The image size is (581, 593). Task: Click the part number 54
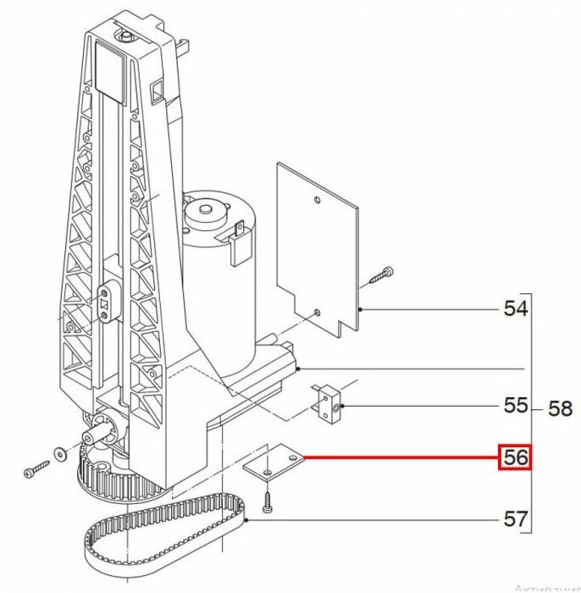[515, 308]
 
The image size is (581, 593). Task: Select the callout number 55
[515, 406]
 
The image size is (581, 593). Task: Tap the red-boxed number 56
[515, 458]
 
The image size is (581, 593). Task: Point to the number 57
[515, 518]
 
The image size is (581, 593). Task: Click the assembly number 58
[560, 409]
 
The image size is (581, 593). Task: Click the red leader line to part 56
[398, 458]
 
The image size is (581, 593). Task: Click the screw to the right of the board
[380, 276]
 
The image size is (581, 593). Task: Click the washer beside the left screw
[58, 452]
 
